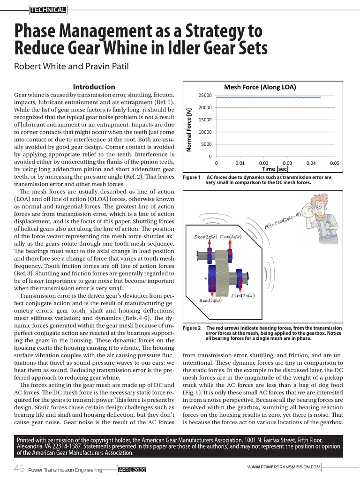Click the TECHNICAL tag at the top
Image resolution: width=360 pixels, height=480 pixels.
48,9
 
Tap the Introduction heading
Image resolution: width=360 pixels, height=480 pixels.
94,87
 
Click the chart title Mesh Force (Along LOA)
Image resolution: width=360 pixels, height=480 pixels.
260,87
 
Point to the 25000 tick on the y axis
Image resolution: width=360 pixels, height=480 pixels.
205,96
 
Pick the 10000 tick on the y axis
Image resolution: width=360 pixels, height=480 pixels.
205,132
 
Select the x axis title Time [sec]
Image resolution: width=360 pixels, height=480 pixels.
275,169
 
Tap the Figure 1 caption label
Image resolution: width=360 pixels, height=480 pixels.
191,178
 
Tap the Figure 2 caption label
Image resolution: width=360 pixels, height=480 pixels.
191,328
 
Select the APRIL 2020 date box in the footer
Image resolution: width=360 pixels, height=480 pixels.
133,469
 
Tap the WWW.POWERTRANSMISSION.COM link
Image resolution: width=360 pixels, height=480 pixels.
284,467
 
